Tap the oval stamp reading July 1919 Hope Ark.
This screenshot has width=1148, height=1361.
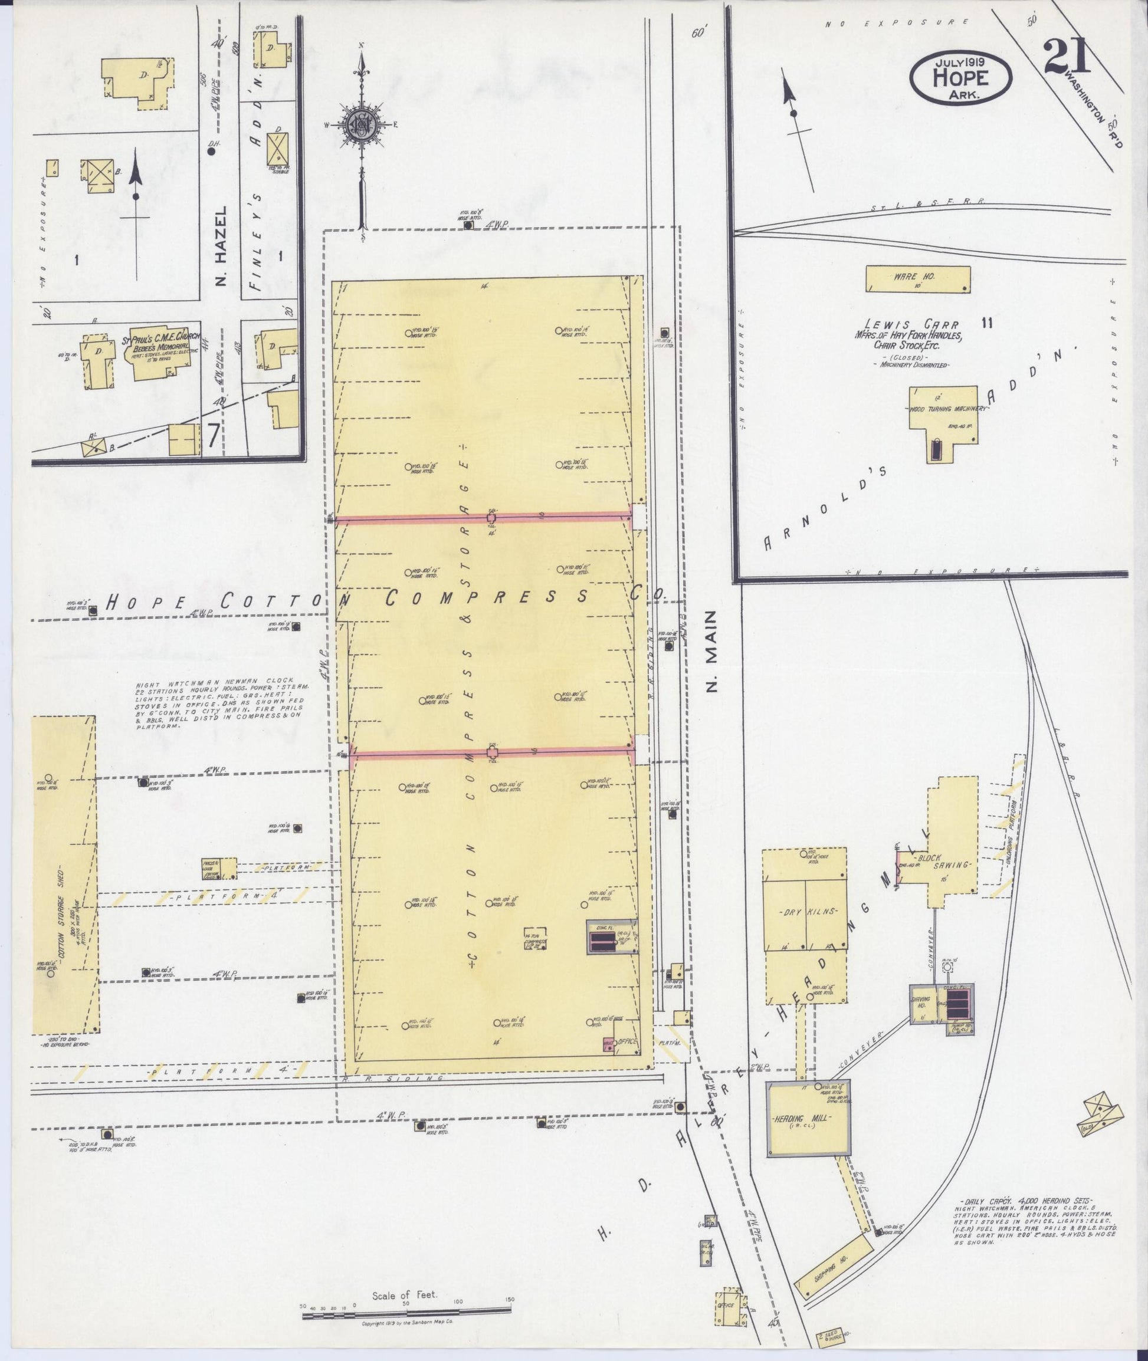[x=960, y=77]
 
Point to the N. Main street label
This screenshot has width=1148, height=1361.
[x=711, y=650]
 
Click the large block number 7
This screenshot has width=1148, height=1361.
[x=214, y=436]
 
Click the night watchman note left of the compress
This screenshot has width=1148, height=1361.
[x=221, y=705]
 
